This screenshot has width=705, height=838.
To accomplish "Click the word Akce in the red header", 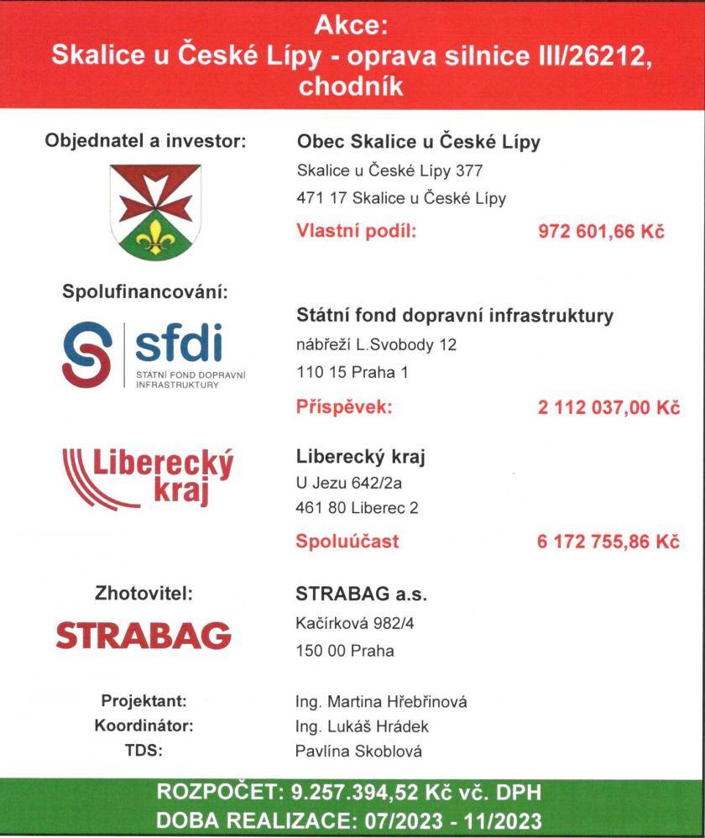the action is tap(352, 25).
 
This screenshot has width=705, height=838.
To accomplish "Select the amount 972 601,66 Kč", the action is tap(601, 231).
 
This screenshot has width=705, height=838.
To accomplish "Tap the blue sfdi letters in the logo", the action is tap(178, 343).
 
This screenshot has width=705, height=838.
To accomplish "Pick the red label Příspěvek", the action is tap(344, 408).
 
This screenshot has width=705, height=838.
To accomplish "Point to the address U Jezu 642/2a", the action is tap(345, 483).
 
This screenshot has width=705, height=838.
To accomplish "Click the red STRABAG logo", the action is tap(143, 635).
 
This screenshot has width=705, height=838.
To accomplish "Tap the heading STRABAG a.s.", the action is tap(361, 594).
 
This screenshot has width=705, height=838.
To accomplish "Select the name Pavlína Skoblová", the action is tap(359, 751).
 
